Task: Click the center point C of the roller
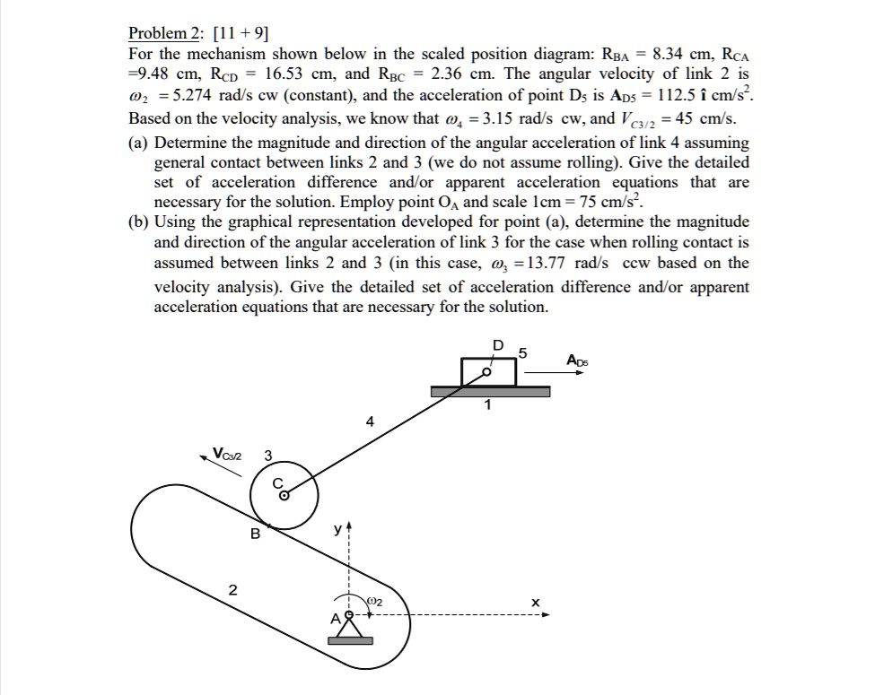tap(284, 493)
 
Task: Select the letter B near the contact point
tap(255, 534)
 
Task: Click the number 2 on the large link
tap(232, 590)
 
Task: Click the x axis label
tap(535, 604)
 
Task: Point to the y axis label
tap(336, 531)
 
